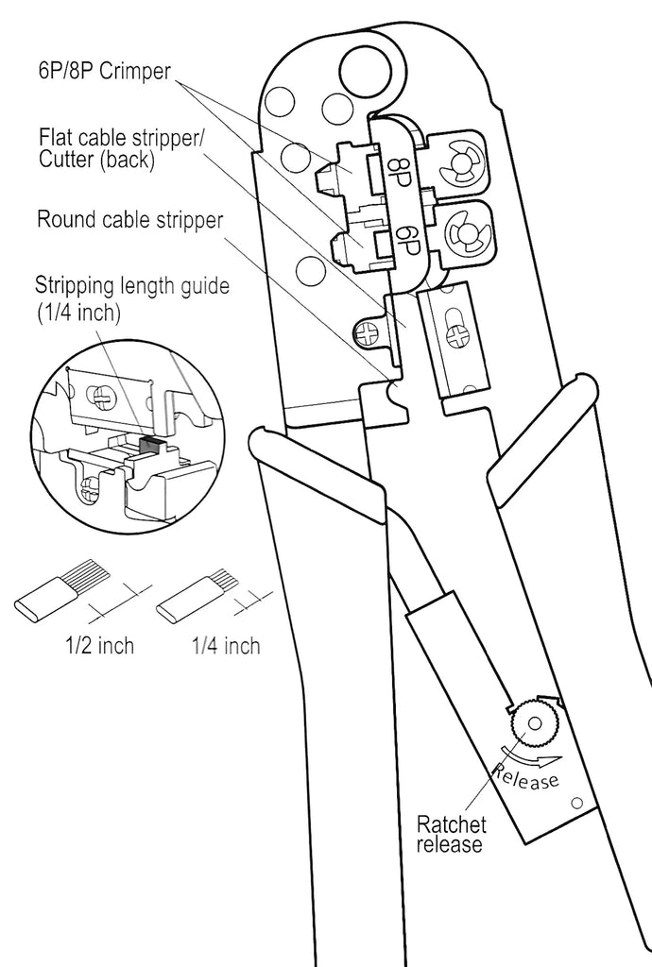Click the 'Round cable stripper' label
point(129,221)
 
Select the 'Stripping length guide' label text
point(131,285)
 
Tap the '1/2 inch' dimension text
point(99,646)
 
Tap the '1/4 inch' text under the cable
point(226,646)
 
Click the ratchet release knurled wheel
point(534,724)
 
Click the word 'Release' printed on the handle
point(526,777)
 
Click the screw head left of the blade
point(369,332)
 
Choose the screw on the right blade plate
point(458,335)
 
